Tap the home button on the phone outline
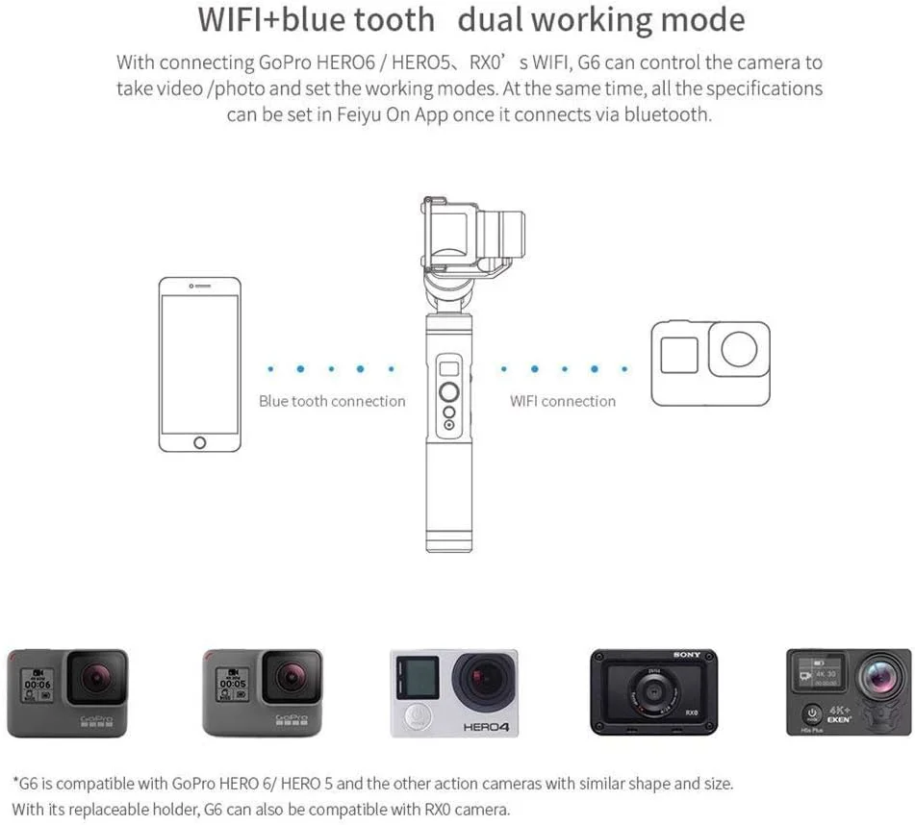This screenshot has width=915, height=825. tap(200, 441)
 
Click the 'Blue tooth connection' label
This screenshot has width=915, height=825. tap(332, 401)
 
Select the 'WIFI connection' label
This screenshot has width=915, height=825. tap(563, 401)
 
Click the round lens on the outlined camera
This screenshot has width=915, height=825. tap(739, 351)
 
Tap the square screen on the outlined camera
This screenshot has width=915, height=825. tap(681, 353)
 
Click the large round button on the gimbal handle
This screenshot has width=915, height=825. tap(449, 391)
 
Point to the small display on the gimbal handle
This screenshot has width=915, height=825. tap(448, 368)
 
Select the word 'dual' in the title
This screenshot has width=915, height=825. tap(499, 20)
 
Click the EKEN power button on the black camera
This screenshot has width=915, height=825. tap(812, 714)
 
